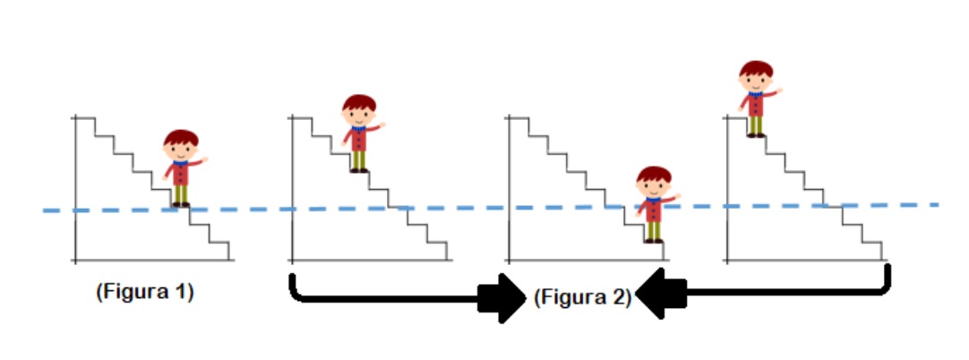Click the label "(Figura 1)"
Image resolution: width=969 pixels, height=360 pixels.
144,291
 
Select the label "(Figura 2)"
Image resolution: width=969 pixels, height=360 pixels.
583,297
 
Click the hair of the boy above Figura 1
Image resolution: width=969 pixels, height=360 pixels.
181,137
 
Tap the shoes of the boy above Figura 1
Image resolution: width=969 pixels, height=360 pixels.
180,204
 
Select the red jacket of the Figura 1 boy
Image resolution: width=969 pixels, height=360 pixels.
180,174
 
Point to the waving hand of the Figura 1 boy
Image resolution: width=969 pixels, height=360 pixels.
204,159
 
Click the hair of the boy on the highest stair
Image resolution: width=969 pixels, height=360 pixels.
756,69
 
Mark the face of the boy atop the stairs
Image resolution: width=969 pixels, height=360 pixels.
756,81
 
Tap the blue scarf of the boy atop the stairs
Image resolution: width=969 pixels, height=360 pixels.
756,94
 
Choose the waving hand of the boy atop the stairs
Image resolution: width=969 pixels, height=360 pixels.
779,90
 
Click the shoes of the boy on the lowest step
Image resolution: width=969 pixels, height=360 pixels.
653,241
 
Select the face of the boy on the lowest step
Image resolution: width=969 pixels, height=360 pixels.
654,186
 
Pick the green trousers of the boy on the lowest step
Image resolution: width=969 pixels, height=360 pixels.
653,230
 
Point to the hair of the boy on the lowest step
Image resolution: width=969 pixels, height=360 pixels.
654,174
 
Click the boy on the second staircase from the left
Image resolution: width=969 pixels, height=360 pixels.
360,133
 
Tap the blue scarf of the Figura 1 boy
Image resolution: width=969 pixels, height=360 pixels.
180,164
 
